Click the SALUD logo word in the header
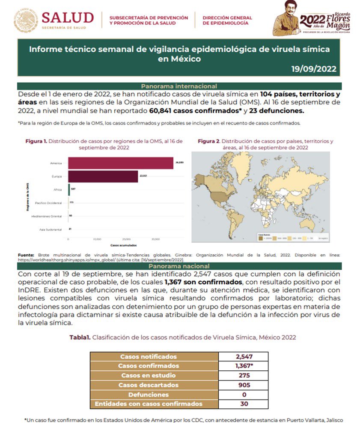coord(68,18)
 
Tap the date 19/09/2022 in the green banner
coord(313,69)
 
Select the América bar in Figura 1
coord(121,164)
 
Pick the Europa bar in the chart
coord(103,176)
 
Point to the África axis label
coord(57,189)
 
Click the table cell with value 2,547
coord(243,356)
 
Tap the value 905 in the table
coord(243,384)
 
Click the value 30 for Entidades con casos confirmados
coord(243,403)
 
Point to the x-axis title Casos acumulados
coord(111,245)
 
